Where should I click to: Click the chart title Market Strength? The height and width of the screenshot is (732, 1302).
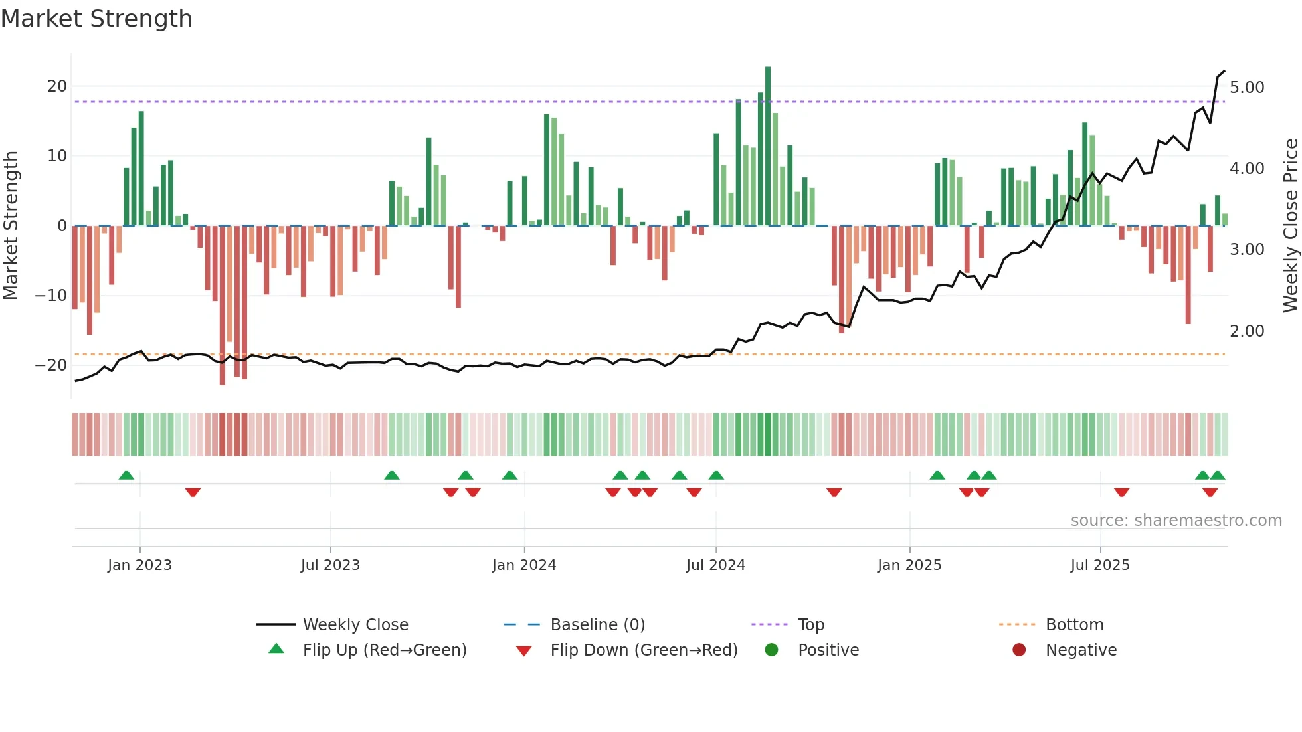tap(96, 19)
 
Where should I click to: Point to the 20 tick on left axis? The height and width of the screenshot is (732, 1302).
tap(57, 86)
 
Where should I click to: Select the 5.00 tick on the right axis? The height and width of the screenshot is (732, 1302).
tap(1247, 88)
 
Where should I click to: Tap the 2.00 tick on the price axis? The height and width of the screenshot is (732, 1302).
tap(1247, 331)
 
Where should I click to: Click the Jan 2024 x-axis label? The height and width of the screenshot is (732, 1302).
tap(524, 565)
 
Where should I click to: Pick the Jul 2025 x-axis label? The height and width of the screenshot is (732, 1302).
tap(1100, 565)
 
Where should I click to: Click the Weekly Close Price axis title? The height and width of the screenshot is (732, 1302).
tap(1290, 226)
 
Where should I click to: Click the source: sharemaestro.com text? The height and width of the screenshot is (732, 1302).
tap(1176, 521)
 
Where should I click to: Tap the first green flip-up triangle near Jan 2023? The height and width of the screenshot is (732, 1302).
tap(126, 475)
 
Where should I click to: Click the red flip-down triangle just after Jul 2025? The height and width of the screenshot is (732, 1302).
tap(1122, 492)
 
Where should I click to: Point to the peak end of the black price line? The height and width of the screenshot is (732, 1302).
tap(1224, 71)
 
